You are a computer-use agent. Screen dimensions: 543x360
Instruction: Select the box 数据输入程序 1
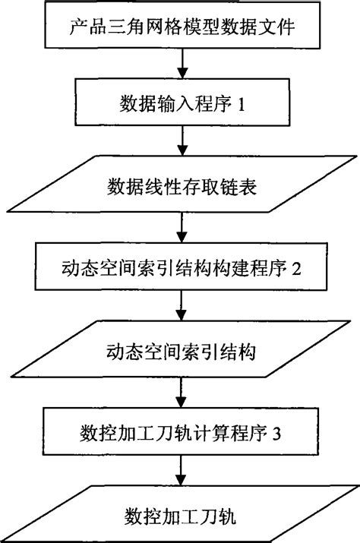coord(180,103)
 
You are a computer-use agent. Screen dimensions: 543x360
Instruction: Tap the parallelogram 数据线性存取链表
coord(180,186)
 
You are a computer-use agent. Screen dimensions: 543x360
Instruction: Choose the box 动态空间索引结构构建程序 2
coord(180,268)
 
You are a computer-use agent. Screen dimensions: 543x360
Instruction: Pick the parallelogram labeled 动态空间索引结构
coord(180,352)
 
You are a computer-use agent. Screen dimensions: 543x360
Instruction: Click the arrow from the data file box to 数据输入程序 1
coord(180,70)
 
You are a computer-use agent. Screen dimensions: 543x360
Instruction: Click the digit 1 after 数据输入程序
coord(241,104)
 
